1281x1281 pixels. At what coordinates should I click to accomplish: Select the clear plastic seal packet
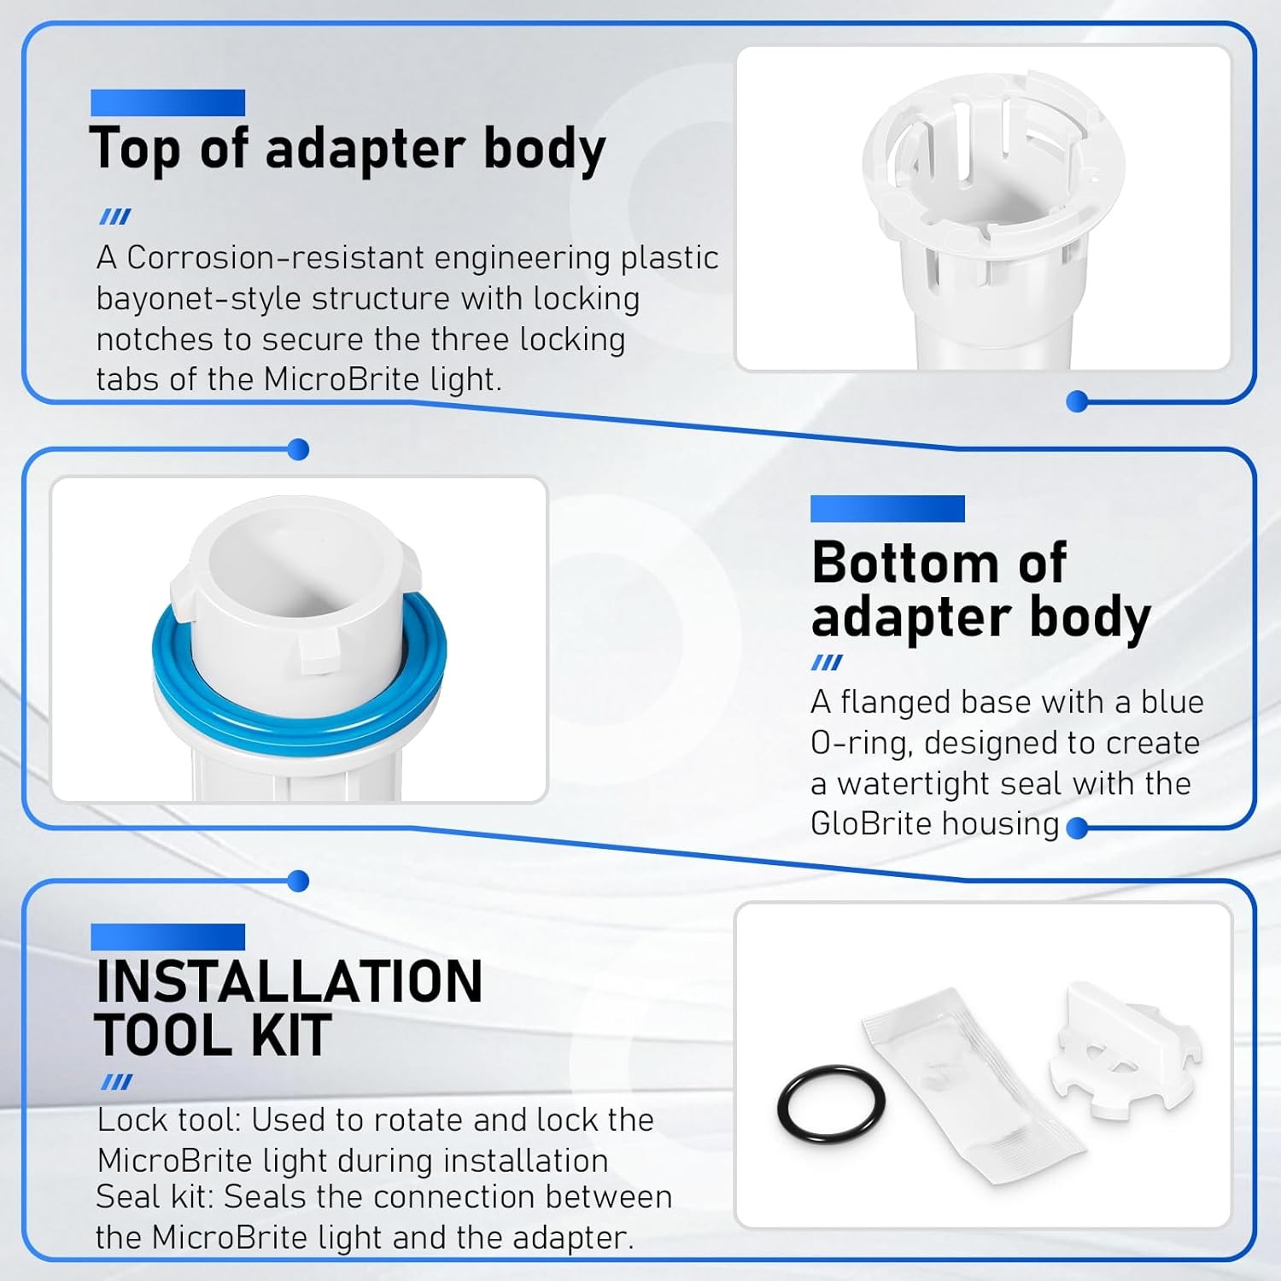point(974,1085)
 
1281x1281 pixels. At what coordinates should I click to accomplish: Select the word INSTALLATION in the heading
point(290,981)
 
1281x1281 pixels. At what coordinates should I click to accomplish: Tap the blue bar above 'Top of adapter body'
point(168,102)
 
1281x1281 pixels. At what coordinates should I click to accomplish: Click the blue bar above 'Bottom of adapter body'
point(887,509)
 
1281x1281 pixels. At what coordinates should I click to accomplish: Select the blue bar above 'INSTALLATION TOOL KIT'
point(168,937)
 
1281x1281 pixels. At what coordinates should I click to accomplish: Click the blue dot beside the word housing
point(1078,828)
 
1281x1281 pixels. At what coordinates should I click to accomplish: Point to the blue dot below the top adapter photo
point(1078,401)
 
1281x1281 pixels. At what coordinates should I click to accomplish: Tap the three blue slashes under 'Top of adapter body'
point(115,217)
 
